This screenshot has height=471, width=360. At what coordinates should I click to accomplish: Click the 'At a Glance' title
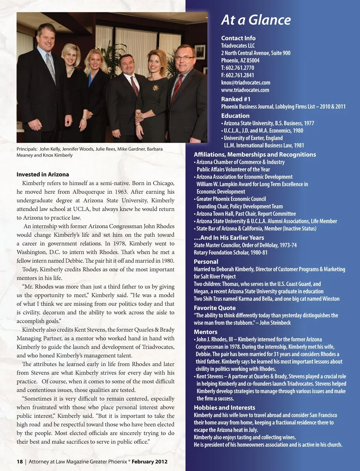[256, 20]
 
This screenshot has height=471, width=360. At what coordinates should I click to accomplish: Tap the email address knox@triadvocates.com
[245, 83]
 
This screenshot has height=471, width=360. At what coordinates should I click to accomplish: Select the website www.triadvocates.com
[245, 90]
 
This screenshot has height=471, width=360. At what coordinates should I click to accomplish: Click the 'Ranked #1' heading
[235, 99]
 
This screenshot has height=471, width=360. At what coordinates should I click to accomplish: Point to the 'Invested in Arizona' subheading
[43, 174]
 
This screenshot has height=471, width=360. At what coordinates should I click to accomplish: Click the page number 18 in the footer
[19, 462]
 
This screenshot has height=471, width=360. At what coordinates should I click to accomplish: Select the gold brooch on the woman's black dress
[155, 88]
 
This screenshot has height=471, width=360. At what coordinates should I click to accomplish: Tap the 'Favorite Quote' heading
[214, 308]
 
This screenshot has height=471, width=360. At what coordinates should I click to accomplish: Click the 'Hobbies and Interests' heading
[224, 408]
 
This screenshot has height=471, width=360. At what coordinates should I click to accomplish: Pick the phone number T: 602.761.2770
[237, 68]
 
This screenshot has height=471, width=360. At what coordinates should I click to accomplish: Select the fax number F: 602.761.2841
[237, 75]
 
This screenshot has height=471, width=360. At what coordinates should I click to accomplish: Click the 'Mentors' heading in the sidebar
[205, 332]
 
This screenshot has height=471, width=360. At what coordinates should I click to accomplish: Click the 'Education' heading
[235, 116]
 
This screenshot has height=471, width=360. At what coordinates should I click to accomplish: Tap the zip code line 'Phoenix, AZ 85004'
[240, 60]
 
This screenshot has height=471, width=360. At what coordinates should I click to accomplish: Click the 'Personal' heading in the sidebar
[206, 262]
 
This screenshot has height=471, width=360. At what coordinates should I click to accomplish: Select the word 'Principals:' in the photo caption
[27, 149]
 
